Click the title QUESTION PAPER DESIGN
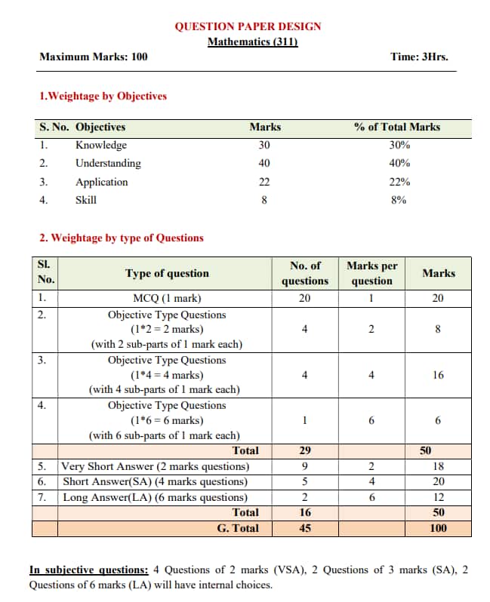(248, 26)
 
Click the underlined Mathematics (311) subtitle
(253, 41)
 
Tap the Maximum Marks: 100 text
(94, 57)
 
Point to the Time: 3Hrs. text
(423, 57)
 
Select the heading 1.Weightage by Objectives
(103, 96)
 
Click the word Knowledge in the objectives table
(101, 145)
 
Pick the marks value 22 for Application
(264, 182)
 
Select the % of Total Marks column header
(396, 127)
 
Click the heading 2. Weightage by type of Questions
(121, 238)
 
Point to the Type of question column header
(167, 273)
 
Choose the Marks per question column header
(371, 273)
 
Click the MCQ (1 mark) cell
(167, 298)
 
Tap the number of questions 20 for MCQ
(304, 298)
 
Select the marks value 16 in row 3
(438, 375)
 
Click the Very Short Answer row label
(155, 466)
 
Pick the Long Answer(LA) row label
(155, 497)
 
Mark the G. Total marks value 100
(438, 528)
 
